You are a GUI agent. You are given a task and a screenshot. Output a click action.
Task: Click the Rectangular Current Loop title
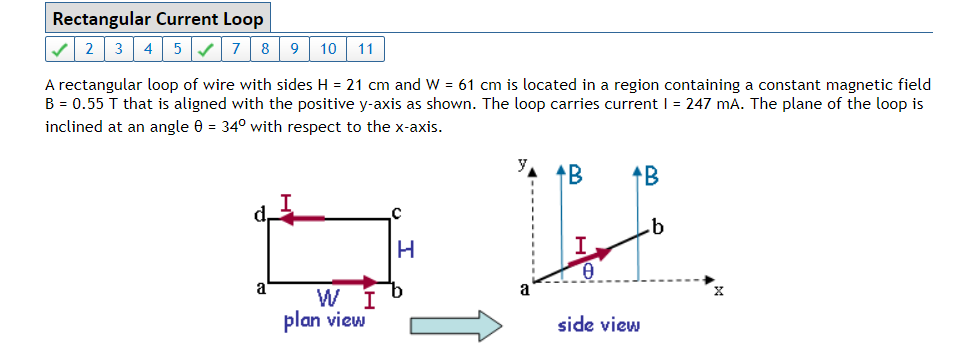(158, 19)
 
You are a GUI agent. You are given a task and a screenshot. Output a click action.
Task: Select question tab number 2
(90, 48)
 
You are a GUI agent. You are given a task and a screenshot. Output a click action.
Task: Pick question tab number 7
(235, 48)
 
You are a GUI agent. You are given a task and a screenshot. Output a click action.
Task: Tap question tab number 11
(365, 48)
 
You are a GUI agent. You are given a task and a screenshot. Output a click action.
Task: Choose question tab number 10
(328, 48)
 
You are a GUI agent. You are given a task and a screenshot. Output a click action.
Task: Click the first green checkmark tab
(61, 48)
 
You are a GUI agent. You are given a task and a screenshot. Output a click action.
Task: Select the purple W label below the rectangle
(326, 298)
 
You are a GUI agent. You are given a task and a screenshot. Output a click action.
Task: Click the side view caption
(599, 325)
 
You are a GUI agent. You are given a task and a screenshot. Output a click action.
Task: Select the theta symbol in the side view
(589, 271)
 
